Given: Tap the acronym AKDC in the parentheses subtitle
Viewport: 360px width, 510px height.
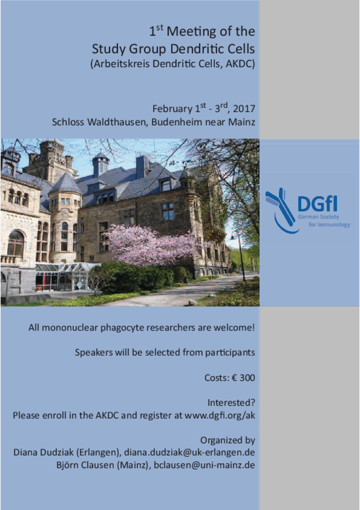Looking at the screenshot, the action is [239, 64].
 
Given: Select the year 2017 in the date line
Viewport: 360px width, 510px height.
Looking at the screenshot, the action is [244, 109].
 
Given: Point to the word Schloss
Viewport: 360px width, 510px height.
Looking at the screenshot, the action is [68, 122].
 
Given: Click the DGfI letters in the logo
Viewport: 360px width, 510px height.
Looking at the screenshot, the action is [317, 203].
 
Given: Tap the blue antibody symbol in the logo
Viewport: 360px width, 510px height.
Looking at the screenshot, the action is [281, 210].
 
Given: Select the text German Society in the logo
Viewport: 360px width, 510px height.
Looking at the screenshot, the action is [319, 217].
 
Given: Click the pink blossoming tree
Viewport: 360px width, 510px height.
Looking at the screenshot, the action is [153, 246].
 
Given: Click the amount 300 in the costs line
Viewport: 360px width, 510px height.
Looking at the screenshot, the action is [247, 378].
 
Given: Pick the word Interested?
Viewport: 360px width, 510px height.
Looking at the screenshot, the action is [231, 403].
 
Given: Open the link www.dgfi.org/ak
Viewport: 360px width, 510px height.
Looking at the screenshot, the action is [220, 416].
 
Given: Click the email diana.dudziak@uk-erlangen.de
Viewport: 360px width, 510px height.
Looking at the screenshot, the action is [189, 452].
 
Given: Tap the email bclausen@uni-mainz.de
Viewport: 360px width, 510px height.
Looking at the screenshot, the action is [204, 465].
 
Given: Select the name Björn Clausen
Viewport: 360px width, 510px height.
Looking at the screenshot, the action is [85, 465].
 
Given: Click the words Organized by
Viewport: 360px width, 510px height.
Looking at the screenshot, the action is [227, 440].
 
